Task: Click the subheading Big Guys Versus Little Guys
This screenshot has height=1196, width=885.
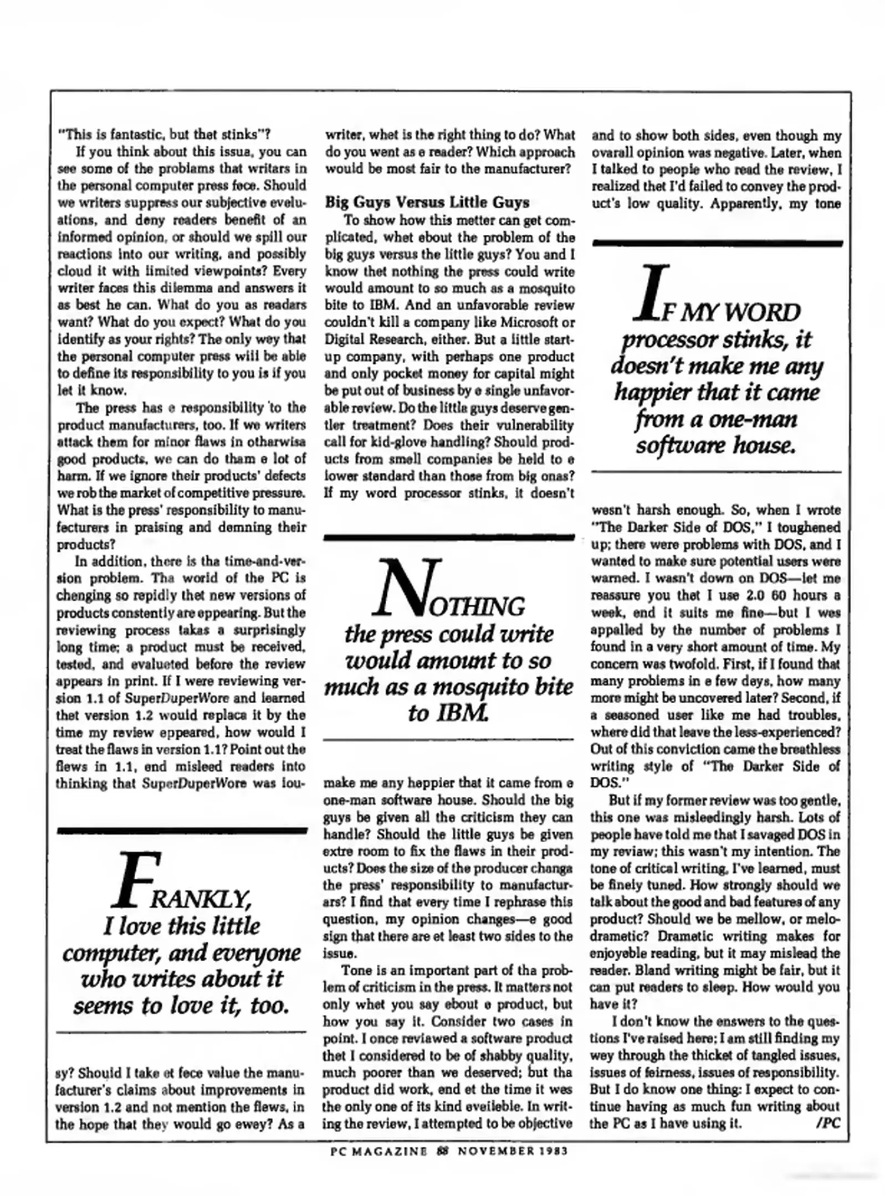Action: pyautogui.click(x=427, y=202)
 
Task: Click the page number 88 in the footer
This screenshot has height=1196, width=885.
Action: pyautogui.click(x=442, y=1151)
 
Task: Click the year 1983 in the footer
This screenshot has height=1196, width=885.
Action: pyautogui.click(x=551, y=1151)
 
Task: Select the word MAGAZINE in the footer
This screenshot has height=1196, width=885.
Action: pyautogui.click(x=392, y=1151)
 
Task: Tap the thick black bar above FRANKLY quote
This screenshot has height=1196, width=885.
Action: pyautogui.click(x=182, y=831)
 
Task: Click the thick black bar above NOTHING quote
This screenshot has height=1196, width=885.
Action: pyautogui.click(x=448, y=537)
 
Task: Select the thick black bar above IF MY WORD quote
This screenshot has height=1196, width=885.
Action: pyautogui.click(x=717, y=243)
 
